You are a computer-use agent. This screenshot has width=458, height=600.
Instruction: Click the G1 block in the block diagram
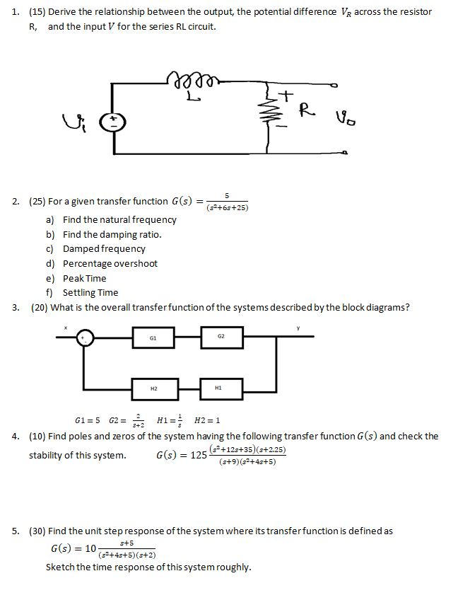pyautogui.click(x=153, y=337)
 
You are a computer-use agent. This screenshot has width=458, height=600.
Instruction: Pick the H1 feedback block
pyautogui.click(x=221, y=387)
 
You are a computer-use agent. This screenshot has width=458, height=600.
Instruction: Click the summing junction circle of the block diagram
pyautogui.click(x=85, y=337)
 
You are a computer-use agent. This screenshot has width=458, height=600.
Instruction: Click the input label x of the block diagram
pyautogui.click(x=66, y=328)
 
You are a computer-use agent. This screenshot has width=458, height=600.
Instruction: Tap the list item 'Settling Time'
pyautogui.click(x=90, y=292)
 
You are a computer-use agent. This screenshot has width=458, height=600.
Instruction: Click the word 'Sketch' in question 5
pyautogui.click(x=60, y=567)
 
